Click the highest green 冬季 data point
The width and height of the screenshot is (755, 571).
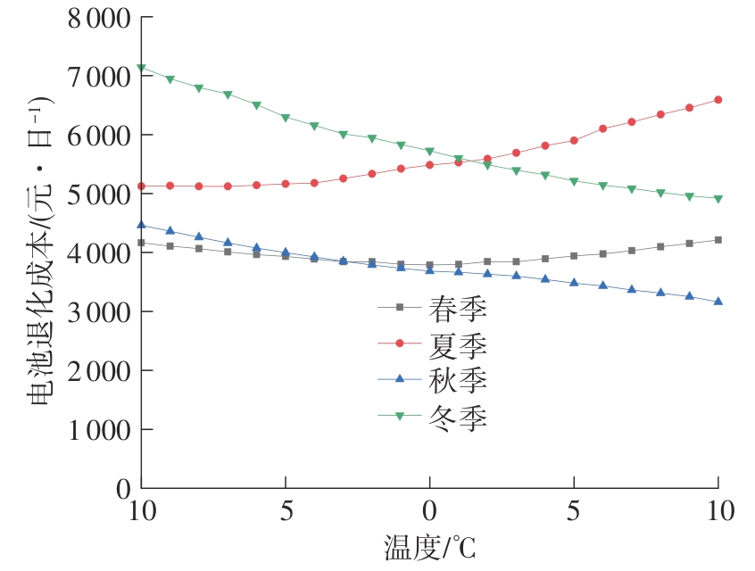pyautogui.click(x=141, y=68)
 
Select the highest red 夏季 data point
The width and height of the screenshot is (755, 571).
pyautogui.click(x=718, y=100)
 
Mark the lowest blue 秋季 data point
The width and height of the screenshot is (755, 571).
pyautogui.click(x=718, y=302)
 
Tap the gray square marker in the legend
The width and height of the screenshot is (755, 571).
pyautogui.click(x=400, y=308)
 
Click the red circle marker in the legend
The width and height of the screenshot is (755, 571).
pyautogui.click(x=400, y=343)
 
